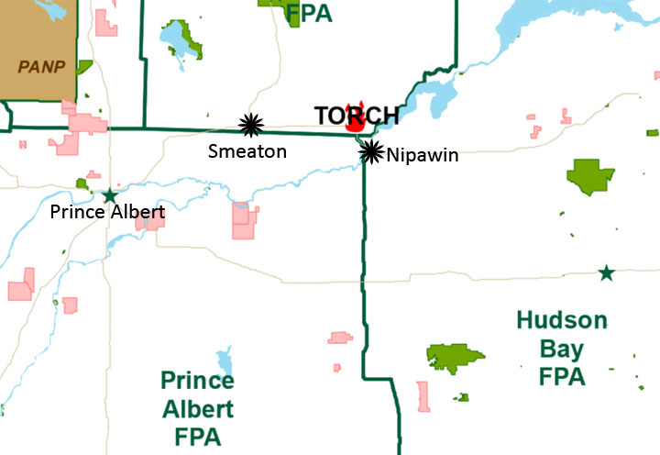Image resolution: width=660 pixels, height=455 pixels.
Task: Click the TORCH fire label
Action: tap(356, 116)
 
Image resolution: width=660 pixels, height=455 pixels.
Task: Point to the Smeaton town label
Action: tap(245, 150)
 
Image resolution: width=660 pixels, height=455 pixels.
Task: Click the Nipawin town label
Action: tap(422, 156)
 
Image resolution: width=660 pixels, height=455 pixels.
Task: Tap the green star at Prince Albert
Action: tap(110, 194)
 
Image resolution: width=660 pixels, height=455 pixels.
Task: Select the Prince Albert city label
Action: tap(108, 213)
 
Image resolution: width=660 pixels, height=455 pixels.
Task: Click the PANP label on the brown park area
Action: tap(38, 66)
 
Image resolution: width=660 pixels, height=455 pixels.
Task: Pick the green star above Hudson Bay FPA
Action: tap(606, 272)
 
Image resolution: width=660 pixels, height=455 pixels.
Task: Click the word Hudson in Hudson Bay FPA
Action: tap(561, 321)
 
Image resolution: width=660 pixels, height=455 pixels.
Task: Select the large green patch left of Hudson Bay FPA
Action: tap(455, 358)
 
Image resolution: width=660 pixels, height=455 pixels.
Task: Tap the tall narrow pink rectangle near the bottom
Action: tap(423, 396)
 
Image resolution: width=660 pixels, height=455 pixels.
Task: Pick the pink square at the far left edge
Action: tap(20, 290)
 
